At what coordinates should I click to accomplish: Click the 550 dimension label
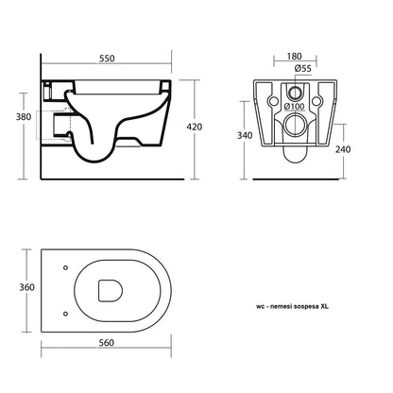click(x=107, y=59)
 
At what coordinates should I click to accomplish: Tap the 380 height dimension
click(x=24, y=117)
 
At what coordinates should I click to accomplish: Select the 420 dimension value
click(x=195, y=127)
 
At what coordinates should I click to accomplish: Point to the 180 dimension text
click(x=295, y=57)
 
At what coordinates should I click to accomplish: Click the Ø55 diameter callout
click(x=303, y=68)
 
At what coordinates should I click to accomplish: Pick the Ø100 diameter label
click(x=295, y=107)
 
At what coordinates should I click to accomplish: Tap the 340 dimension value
click(x=245, y=135)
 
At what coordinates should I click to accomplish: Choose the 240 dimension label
click(x=343, y=149)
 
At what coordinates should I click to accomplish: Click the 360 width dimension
click(x=27, y=287)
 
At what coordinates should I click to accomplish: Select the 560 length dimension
click(x=106, y=343)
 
